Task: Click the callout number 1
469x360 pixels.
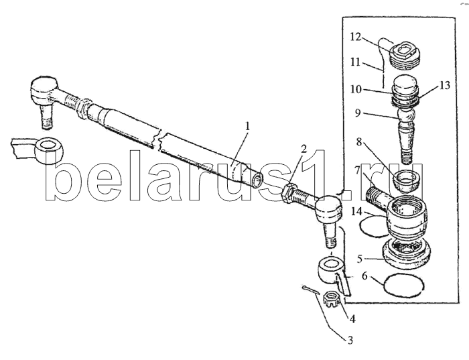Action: click(x=247, y=126)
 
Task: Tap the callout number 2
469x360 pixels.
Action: click(x=304, y=149)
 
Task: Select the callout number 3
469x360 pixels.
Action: click(x=349, y=341)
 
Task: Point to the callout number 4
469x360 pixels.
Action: click(x=352, y=319)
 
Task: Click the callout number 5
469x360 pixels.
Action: click(x=359, y=259)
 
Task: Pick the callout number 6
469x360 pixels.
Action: click(x=364, y=276)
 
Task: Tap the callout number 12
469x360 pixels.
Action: click(x=356, y=37)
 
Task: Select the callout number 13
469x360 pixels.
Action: click(x=445, y=86)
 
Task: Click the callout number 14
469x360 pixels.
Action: click(x=357, y=212)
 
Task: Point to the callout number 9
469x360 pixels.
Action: click(x=358, y=113)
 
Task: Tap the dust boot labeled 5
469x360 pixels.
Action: click(x=406, y=253)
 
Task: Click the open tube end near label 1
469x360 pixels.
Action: click(x=257, y=180)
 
